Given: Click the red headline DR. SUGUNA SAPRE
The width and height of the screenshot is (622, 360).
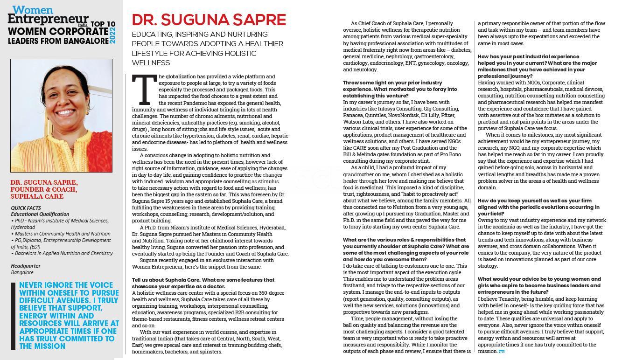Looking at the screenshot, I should point(209,20).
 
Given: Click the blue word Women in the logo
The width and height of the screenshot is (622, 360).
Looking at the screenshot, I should point(27,10).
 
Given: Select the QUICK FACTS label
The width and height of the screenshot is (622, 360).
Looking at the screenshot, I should point(26,208).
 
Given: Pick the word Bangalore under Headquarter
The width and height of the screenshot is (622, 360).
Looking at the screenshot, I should point(22,272).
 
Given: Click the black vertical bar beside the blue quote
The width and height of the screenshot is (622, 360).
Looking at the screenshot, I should point(14,316).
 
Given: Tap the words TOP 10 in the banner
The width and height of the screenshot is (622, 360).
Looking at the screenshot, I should point(103,24).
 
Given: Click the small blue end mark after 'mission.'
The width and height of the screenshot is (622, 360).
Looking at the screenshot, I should point(502,352).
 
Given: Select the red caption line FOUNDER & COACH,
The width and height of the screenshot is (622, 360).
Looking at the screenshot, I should point(43,189).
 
